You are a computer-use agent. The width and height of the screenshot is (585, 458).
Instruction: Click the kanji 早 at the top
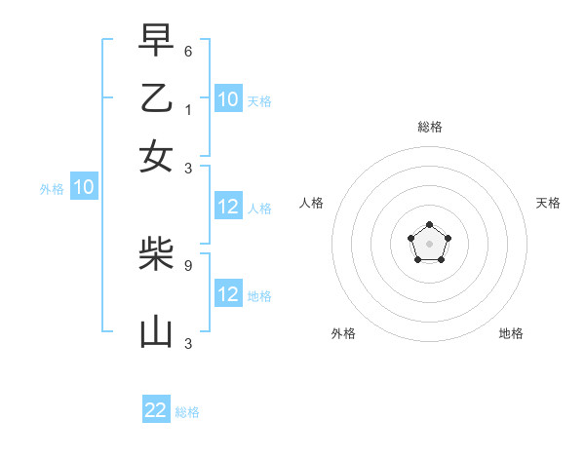coord(156,40)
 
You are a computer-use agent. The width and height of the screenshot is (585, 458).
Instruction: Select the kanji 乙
coord(156,98)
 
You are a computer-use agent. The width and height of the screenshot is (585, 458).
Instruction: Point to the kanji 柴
coord(156,255)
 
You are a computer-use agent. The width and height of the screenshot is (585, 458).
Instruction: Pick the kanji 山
coord(156,332)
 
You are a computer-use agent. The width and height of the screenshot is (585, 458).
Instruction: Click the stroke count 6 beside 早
coord(188,51)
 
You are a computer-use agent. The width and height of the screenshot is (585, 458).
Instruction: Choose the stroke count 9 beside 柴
coord(188,264)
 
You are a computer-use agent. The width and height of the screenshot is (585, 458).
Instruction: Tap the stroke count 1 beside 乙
coord(188,109)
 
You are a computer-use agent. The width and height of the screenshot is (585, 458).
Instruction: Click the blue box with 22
coord(156,410)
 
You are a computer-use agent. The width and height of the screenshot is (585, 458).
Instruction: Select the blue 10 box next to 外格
coord(83,187)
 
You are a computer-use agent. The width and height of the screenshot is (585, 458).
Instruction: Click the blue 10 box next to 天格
coord(227,98)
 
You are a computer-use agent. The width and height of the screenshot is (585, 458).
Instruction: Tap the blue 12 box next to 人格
coord(227,207)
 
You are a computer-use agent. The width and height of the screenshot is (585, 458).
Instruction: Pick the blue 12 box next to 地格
coord(227,294)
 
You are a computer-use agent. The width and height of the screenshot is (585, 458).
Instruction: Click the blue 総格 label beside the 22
coord(187,412)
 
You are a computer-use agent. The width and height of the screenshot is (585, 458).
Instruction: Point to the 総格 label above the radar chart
coord(429,127)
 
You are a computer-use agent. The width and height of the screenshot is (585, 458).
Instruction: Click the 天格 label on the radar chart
coord(548,203)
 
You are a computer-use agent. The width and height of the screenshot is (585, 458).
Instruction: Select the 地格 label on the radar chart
coord(511,333)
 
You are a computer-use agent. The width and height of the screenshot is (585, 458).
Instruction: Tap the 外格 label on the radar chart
coord(343,333)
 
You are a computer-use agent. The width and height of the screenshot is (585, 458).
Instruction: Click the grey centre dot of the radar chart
coord(429,244)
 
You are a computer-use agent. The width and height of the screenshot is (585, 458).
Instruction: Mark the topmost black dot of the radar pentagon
coord(429,226)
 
